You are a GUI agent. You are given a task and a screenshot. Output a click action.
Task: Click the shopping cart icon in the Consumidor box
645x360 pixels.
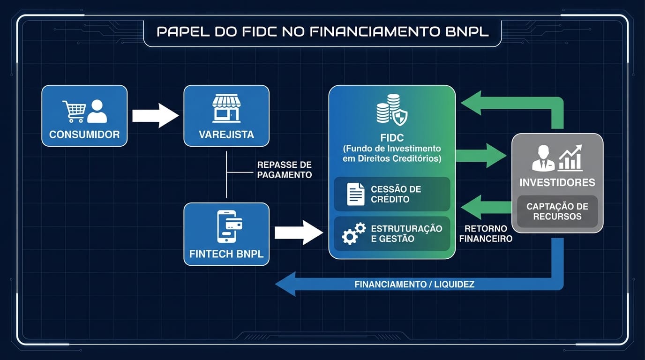click(x=74, y=111)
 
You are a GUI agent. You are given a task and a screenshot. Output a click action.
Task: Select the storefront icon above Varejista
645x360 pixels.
click(x=226, y=108)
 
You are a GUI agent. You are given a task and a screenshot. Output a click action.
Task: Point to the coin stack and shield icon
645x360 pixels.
click(x=392, y=110)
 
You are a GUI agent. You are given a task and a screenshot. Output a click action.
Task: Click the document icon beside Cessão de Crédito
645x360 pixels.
click(x=356, y=194)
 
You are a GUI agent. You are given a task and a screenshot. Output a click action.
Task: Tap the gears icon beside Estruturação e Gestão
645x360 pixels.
click(x=353, y=233)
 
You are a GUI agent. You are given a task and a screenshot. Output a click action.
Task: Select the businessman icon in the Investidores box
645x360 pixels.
click(x=543, y=158)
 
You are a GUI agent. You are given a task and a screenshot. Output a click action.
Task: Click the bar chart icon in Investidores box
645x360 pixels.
click(x=570, y=157)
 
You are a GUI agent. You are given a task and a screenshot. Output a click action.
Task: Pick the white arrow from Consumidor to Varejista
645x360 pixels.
click(x=155, y=115)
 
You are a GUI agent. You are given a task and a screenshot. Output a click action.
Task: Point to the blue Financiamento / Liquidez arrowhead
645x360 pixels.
click(x=285, y=284)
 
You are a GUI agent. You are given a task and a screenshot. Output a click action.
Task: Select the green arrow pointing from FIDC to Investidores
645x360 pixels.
click(x=480, y=156)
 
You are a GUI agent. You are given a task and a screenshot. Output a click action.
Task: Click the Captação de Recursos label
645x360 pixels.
click(x=557, y=211)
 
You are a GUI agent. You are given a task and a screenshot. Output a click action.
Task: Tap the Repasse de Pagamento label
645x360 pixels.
click(x=284, y=170)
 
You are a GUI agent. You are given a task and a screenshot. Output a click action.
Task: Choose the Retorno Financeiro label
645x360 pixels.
click(x=486, y=233)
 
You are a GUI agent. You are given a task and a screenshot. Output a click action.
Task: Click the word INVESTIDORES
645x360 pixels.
click(x=557, y=182)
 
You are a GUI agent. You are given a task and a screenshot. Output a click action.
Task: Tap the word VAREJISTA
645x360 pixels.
click(x=226, y=135)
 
